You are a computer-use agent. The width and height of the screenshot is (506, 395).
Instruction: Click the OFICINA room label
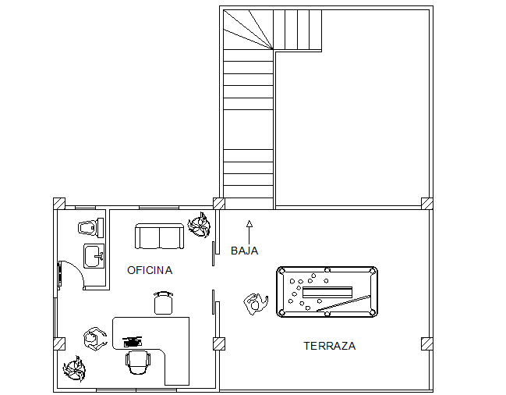150,270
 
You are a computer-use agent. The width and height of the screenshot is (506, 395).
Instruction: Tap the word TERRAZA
330,347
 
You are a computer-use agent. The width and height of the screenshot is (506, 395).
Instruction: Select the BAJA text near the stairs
245,251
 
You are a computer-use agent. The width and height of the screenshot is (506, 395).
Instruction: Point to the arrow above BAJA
249,232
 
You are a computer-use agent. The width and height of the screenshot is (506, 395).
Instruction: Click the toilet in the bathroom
90,227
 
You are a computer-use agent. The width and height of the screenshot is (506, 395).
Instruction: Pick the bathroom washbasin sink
94,256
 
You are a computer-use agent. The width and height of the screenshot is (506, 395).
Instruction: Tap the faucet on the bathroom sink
99,257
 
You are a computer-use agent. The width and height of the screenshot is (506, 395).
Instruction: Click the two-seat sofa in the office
159,236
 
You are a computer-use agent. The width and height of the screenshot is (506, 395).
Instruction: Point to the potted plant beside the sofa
199,225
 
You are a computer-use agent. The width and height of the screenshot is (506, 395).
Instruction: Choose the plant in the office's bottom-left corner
75,368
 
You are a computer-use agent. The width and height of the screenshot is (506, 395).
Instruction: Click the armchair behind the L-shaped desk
138,362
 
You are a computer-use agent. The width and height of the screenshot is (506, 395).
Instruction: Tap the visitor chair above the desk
163,303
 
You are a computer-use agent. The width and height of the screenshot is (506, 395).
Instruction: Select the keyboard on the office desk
132,342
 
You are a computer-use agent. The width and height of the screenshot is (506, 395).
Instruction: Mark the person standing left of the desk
94,339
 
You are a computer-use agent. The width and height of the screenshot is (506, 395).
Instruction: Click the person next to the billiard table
256,304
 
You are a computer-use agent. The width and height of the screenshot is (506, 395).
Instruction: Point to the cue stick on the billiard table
343,303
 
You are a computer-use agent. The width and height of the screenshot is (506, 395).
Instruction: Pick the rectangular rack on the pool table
327,292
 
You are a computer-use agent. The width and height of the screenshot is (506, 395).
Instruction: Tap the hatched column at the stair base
219,204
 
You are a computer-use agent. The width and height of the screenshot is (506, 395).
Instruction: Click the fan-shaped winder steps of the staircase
249,30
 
